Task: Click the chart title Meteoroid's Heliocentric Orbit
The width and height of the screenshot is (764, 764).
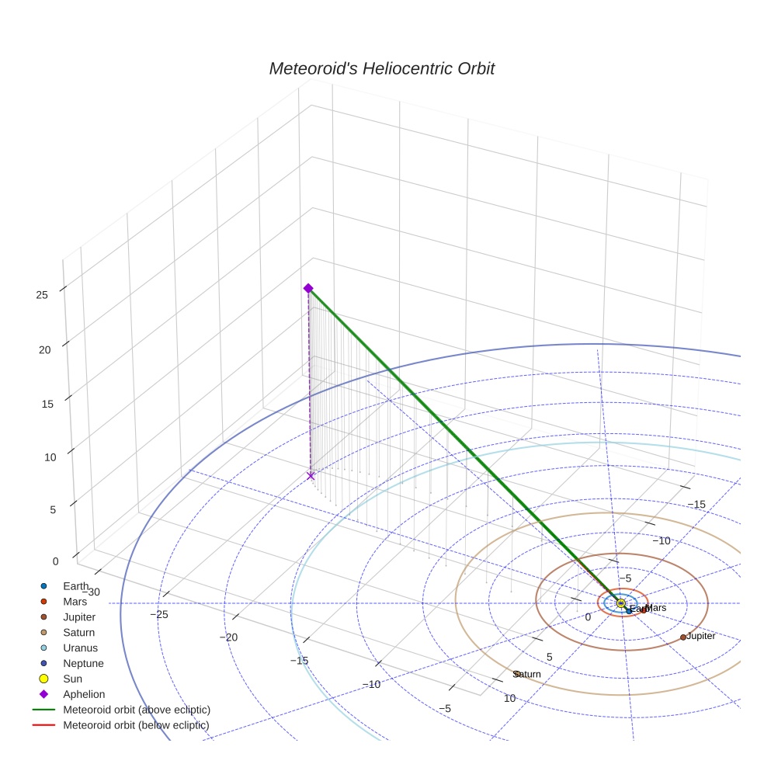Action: pos(381,68)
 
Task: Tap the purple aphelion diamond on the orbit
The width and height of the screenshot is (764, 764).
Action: pos(308,288)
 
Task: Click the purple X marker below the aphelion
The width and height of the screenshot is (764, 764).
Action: pos(311,476)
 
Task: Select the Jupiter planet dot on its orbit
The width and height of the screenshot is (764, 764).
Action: pos(683,637)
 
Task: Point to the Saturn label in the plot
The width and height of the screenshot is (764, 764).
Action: pos(527,674)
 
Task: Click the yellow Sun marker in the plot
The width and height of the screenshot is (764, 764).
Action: pos(620,603)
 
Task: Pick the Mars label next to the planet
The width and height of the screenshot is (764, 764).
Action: pos(656,608)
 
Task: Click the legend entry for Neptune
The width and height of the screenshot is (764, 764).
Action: pos(83,663)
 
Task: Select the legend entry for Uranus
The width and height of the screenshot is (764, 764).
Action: pos(80,648)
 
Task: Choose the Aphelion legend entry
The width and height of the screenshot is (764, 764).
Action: pos(83,694)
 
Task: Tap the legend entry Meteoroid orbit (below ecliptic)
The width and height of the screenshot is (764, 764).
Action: pos(136,725)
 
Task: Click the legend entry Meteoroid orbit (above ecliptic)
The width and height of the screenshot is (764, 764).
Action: pos(137,710)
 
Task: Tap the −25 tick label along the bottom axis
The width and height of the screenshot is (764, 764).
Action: pos(158,614)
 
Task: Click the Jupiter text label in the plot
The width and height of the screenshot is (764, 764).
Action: pos(701,636)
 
